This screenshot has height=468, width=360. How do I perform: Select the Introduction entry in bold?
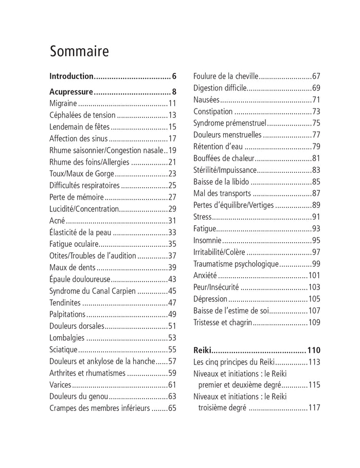[x=71, y=77]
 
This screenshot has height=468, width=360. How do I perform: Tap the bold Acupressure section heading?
[x=71, y=93]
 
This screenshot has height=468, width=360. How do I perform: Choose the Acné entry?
[x=57, y=220]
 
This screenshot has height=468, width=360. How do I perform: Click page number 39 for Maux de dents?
[x=172, y=267]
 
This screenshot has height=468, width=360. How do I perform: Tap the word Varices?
[x=60, y=384]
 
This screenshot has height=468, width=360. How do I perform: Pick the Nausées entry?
[x=207, y=100]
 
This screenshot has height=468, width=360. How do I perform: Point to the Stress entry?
[x=202, y=217]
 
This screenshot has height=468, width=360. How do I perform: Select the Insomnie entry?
[x=207, y=240]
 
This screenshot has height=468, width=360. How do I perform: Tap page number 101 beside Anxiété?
[x=314, y=275]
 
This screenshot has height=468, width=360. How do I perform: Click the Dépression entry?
[x=210, y=299]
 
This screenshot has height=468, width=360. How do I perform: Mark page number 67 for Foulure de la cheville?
[x=316, y=77]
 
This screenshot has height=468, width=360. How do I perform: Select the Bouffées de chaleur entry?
[x=223, y=158]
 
